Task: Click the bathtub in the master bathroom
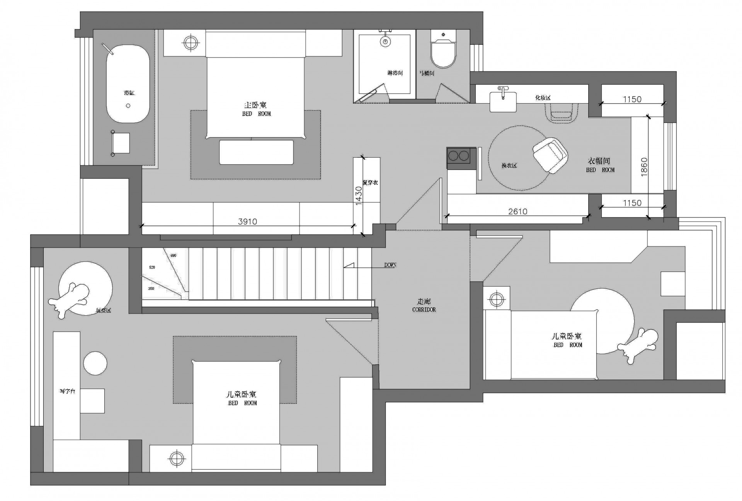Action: pyautogui.click(x=128, y=84)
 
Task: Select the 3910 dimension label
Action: pyautogui.click(x=247, y=221)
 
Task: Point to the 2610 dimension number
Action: pyautogui.click(x=517, y=211)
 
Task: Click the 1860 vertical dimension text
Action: pyautogui.click(x=644, y=167)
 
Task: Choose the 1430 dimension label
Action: pyautogui.click(x=358, y=195)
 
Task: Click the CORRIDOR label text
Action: pyautogui.click(x=424, y=309)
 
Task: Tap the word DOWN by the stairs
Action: pyautogui.click(x=390, y=265)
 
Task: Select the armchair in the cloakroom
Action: pyautogui.click(x=550, y=155)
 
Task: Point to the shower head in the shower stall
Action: pyautogui.click(x=385, y=41)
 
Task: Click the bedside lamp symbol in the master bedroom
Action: pyautogui.click(x=190, y=42)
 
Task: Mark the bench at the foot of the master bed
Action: pyautogui.click(x=256, y=152)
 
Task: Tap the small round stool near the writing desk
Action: pyautogui.click(x=95, y=363)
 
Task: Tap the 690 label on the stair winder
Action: pyautogui.click(x=173, y=255)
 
